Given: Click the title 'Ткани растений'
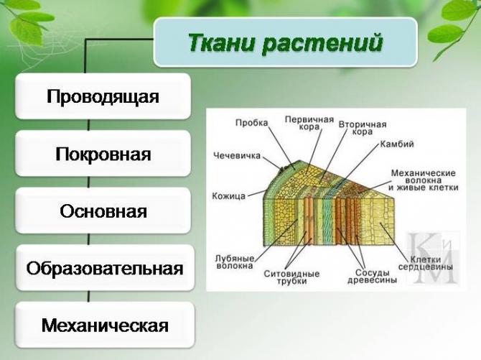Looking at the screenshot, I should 285,43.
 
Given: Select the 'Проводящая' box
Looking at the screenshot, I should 103,96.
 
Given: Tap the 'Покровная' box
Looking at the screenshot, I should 103,154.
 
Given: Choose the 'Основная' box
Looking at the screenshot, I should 103,211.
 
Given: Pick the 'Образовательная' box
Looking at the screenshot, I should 104,269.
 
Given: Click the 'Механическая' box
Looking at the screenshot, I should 104,326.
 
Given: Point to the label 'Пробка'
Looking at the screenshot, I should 251,123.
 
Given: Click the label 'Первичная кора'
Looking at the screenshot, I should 309,123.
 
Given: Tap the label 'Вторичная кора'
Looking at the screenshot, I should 362,128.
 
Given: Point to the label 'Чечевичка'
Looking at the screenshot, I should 237,154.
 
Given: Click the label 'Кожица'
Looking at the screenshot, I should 229,195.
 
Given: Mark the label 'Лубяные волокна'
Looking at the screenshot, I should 234,262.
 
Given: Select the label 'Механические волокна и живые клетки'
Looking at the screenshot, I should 423,180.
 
